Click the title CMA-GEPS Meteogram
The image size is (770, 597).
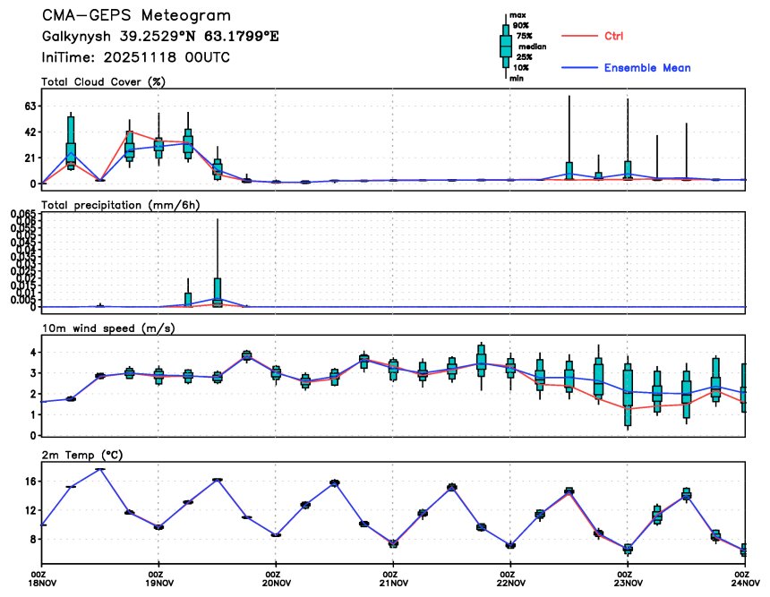pyautogui.click(x=135, y=16)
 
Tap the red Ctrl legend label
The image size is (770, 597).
pyautogui.click(x=613, y=36)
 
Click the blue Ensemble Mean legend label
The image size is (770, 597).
pyautogui.click(x=646, y=68)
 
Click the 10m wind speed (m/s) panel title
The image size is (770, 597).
pyautogui.click(x=108, y=328)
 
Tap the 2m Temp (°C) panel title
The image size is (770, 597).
pyautogui.click(x=82, y=455)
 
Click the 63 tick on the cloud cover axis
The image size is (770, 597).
pyautogui.click(x=30, y=106)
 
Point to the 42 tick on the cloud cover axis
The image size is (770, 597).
pyautogui.click(x=30, y=132)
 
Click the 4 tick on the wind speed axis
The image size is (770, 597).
pyautogui.click(x=32, y=352)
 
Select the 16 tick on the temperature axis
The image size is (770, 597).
pyautogui.click(x=30, y=481)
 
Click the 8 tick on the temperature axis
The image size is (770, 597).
pyautogui.click(x=32, y=539)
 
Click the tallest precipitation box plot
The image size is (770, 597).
pyautogui.click(x=218, y=291)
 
